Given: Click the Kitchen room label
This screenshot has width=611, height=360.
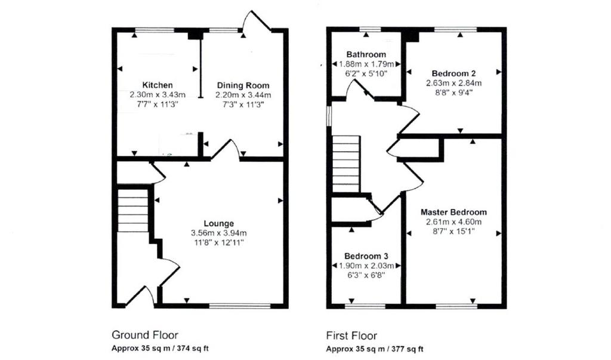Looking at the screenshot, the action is point(157,85).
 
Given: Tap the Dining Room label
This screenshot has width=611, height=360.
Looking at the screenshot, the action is point(243,85).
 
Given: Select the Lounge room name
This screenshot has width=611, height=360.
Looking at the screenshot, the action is point(218,223).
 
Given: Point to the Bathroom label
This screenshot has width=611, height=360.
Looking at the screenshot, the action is point(366,54).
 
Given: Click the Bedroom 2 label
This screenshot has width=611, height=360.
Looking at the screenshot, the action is point(453,73).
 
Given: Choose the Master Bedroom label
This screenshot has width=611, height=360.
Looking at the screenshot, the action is point(453,212).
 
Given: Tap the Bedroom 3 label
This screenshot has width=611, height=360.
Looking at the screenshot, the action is point(366,256).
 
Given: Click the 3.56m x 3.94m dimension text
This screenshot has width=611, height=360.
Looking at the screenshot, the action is point(218,233).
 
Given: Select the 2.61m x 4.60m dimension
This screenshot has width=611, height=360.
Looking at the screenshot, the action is point(453,222).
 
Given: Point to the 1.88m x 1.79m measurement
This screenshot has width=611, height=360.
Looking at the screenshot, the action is point(366,64).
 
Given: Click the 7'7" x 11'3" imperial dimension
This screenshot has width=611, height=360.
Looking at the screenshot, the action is point(158,104).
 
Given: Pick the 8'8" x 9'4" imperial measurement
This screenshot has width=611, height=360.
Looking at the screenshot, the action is point(454,93).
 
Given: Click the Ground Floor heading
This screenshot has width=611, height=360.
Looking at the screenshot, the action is point(144,335).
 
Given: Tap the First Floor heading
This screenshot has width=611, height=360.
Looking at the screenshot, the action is point(351,336).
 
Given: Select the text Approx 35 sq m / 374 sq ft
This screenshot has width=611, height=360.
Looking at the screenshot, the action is point(160,348).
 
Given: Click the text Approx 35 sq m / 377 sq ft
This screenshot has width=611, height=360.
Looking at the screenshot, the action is point(375,349).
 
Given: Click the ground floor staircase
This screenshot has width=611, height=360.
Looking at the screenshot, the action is point(133,211).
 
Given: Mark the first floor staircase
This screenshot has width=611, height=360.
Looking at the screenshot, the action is point(345,164).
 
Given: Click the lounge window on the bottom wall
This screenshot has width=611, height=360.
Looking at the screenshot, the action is point(240,306).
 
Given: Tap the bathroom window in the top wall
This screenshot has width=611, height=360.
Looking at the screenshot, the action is point(370,29).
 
